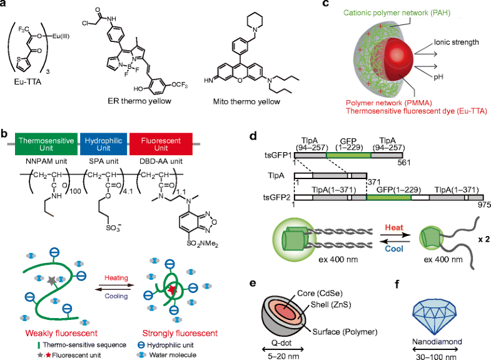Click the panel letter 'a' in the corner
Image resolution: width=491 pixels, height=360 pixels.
pos(6,6)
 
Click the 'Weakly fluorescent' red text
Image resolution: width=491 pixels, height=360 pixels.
pos(47,331)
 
